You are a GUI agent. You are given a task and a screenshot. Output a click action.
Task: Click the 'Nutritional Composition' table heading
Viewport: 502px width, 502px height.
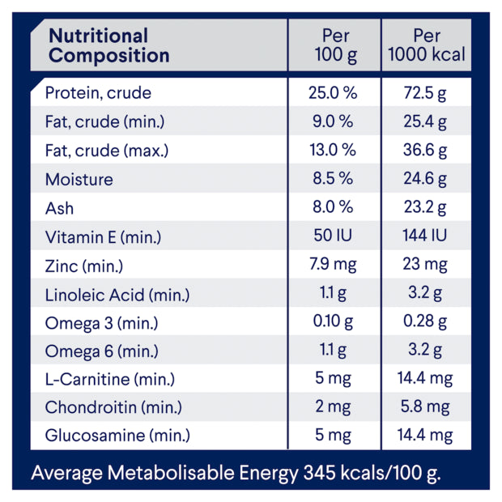coord(109,46)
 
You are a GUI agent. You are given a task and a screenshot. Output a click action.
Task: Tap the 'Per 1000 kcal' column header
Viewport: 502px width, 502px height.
coord(426,46)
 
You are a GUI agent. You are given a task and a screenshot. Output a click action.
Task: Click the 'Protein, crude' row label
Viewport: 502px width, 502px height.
coord(98,93)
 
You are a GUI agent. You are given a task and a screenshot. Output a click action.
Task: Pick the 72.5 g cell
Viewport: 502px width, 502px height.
coord(425,93)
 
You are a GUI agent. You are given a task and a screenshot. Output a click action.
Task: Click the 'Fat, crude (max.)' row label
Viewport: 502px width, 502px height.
coord(105,151)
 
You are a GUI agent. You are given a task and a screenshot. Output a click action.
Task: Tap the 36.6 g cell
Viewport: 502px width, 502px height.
coord(425,151)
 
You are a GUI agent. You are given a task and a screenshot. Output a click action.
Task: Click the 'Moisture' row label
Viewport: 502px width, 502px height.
coord(79,180)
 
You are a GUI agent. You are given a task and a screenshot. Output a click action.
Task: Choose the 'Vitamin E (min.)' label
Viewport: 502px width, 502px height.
coord(104,237)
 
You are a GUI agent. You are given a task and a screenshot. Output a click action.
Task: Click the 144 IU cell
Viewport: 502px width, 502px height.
coord(425,237)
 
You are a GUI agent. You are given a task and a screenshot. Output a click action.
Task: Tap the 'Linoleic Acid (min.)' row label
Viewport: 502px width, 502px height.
coord(118,295)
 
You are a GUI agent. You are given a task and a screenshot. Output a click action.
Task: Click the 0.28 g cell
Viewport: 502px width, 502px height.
coord(425,323)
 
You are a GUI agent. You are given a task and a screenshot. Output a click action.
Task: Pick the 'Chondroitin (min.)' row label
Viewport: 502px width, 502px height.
coord(113,407)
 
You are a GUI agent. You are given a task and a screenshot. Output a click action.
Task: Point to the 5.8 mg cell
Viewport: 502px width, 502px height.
coord(425,407)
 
